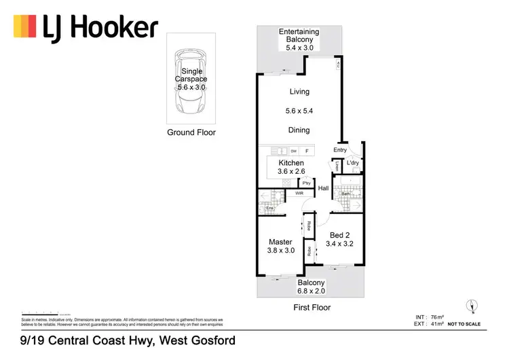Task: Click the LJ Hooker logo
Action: (86, 28)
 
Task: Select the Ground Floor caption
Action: (191, 132)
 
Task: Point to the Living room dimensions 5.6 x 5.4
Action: (299, 111)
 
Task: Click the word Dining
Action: (299, 130)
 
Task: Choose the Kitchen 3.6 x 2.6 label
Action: (291, 168)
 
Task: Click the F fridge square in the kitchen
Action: (307, 151)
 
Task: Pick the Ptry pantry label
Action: (307, 183)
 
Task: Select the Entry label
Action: (340, 150)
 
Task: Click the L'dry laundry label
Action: (353, 164)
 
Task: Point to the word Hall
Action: (324, 189)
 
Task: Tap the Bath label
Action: (345, 194)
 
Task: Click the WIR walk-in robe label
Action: (299, 194)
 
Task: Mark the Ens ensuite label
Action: (259, 208)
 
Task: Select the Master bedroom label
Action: (280, 246)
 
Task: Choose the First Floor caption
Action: (312, 308)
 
